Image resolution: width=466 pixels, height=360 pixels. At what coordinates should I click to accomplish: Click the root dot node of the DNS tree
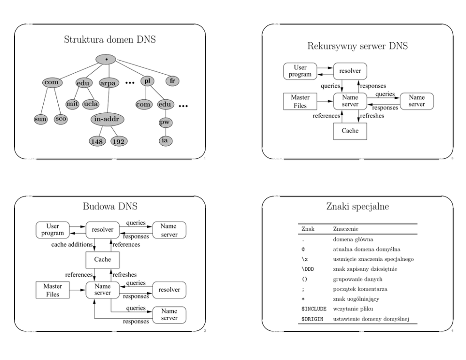[x=106, y=60]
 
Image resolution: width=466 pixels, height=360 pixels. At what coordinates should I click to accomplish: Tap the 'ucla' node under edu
[x=91, y=103]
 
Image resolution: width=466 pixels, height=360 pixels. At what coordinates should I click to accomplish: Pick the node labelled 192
[x=119, y=140]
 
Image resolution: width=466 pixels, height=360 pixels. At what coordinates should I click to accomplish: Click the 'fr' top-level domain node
[x=173, y=80]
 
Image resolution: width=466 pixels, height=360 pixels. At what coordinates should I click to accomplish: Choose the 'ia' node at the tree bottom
[x=165, y=140]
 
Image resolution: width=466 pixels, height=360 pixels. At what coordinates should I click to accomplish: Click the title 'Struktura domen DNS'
[x=110, y=40]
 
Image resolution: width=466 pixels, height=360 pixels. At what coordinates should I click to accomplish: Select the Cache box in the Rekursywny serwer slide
[x=349, y=131]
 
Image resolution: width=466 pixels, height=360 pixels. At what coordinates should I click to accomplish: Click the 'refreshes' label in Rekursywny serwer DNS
[x=371, y=115]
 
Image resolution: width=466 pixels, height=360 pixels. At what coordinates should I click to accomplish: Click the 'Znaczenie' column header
[x=344, y=229]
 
